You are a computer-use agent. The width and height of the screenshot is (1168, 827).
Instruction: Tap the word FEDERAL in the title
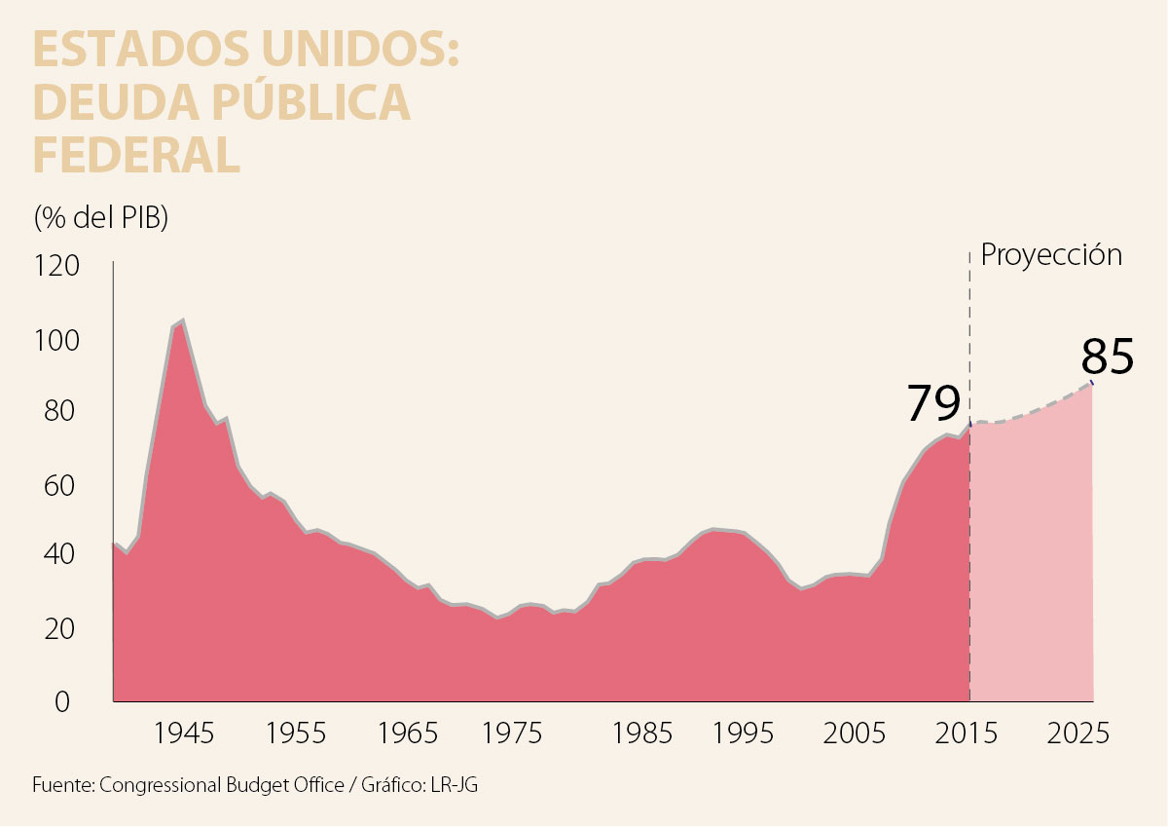pyautogui.click(x=136, y=156)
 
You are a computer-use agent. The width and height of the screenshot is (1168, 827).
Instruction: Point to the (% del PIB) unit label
pyautogui.click(x=101, y=216)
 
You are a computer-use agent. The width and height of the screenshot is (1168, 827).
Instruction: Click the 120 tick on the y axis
pyautogui.click(x=57, y=266)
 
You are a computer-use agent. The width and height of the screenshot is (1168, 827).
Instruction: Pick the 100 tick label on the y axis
pyautogui.click(x=57, y=340)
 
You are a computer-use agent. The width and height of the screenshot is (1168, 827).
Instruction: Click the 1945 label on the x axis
pyautogui.click(x=184, y=733)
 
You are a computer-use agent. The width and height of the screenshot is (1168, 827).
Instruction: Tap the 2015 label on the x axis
pyautogui.click(x=969, y=733)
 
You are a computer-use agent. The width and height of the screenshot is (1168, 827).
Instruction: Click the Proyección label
pyautogui.click(x=1051, y=255)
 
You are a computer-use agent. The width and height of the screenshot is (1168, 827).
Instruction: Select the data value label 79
pyautogui.click(x=933, y=403)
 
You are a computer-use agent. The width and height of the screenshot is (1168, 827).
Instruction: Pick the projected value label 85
pyautogui.click(x=1108, y=357)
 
